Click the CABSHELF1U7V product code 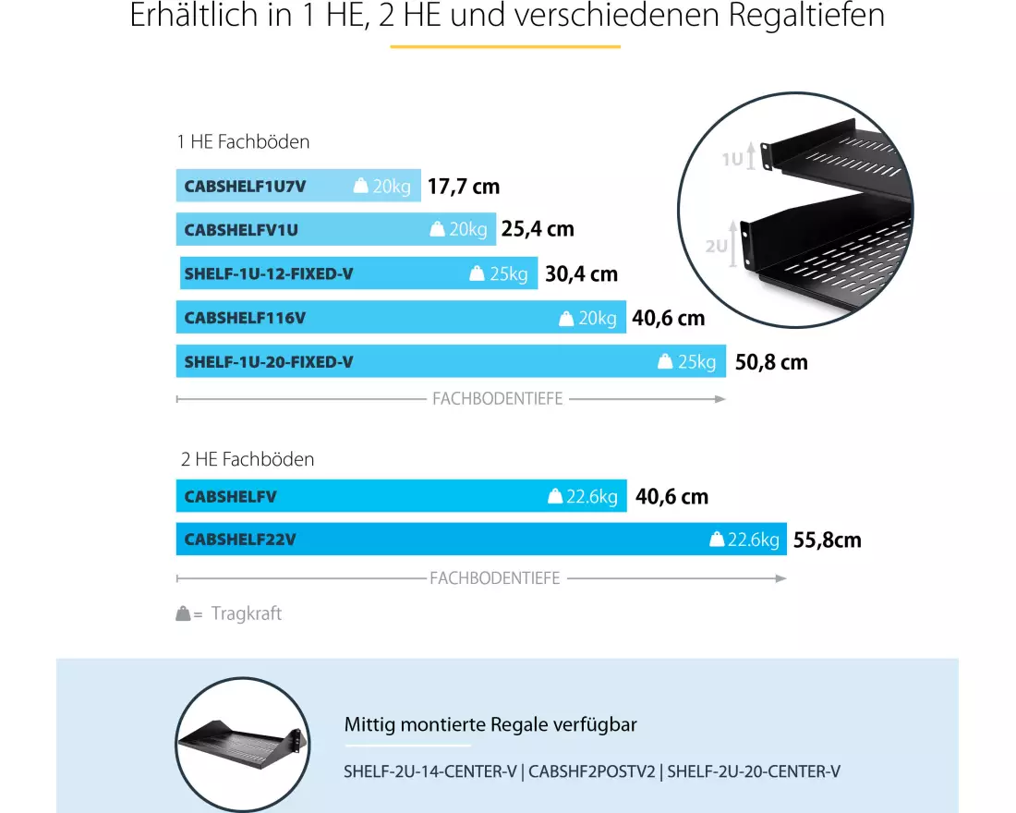pos(245,186)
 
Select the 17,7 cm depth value pos(464,187)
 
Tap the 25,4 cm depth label pos(538,229)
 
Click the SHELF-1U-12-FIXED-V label pos(269,273)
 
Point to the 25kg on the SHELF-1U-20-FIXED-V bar pos(696,362)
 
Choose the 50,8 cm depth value pos(771,362)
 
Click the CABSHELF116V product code pos(245,318)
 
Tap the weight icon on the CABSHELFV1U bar pos(438,229)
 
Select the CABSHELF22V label pos(240,540)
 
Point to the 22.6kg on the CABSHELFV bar pos(592,497)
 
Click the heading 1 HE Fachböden pos(243,142)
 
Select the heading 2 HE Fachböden pos(248,459)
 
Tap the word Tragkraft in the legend pos(247,613)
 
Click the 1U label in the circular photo pos(732,159)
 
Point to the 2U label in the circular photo pos(717,246)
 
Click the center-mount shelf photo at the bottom pos(240,734)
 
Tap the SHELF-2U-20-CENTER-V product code pos(754,771)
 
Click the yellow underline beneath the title pos(505,46)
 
